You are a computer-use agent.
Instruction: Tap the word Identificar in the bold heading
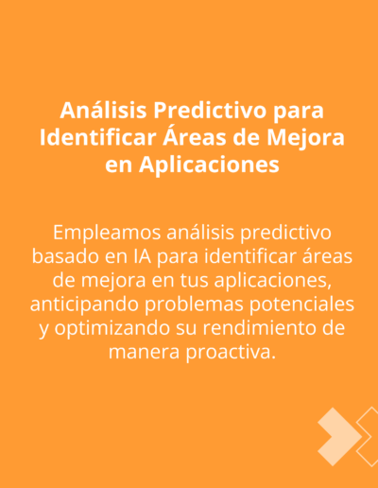click(x=98, y=137)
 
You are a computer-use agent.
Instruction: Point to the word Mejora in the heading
click(x=305, y=139)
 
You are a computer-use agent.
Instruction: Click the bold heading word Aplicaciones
click(x=209, y=165)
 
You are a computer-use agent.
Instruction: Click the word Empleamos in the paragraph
click(x=107, y=234)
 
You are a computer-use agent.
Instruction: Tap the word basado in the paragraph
click(x=65, y=256)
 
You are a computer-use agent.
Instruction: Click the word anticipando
click(x=84, y=305)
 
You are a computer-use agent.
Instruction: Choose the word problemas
click(x=194, y=305)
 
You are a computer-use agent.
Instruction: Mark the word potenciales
click(x=302, y=305)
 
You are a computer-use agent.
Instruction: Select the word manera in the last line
click(x=145, y=353)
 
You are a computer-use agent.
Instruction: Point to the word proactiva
click(x=231, y=353)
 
